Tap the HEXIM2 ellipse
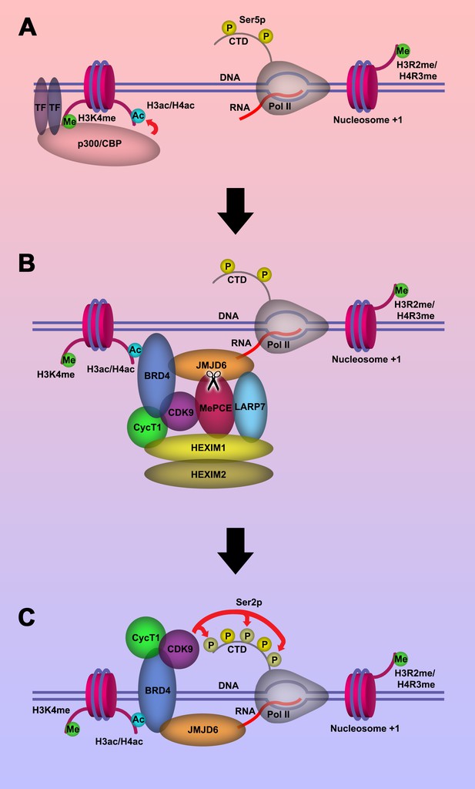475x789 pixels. pos(209,474)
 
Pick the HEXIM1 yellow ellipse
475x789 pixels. pos(209,448)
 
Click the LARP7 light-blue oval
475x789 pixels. pos(249,407)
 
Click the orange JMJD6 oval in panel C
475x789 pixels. pos(203,729)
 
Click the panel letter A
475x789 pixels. pos(27,27)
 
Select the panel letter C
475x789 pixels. pos(27,617)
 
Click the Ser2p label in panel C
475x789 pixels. pos(249,603)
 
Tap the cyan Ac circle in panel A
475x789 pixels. pos(138,116)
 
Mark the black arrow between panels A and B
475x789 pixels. pos(236,211)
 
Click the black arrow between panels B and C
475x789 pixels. pos(236,551)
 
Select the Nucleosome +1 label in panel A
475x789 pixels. pos(368,119)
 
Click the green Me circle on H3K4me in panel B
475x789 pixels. pos(69,360)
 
